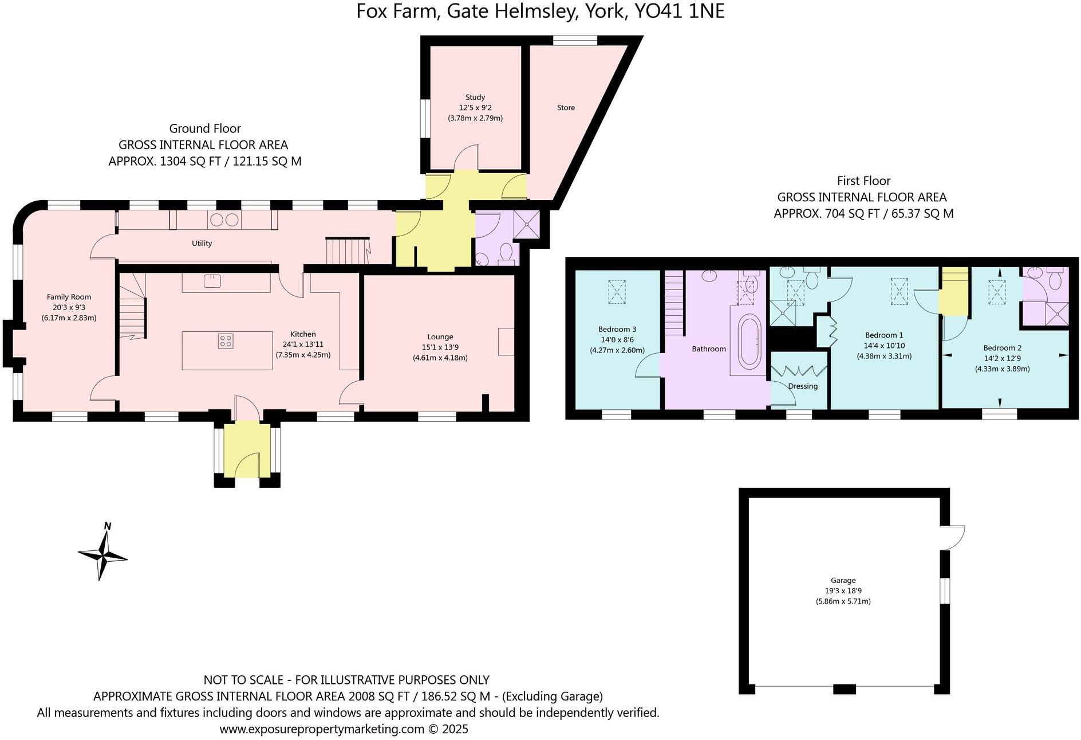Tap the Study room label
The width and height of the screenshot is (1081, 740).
[475, 97]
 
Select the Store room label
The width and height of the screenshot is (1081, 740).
[566, 108]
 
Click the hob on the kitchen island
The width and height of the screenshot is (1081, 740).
[226, 341]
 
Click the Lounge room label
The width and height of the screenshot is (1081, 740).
[440, 337]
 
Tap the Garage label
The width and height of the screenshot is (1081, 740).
[843, 580]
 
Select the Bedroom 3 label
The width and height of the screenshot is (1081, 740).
[617, 329]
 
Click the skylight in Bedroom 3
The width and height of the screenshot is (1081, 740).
[617, 291]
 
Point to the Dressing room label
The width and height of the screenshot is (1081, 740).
[803, 386]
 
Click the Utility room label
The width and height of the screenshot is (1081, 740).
[202, 244]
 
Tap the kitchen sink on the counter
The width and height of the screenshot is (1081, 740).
[212, 281]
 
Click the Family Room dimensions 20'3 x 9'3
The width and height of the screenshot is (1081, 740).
[69, 307]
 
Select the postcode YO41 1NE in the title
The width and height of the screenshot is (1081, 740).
[679, 11]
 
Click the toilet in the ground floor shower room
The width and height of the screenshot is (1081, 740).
[505, 252]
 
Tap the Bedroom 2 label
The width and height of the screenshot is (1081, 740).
[1002, 348]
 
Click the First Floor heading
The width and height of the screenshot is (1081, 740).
[863, 181]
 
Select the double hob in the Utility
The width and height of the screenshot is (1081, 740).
[224, 220]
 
